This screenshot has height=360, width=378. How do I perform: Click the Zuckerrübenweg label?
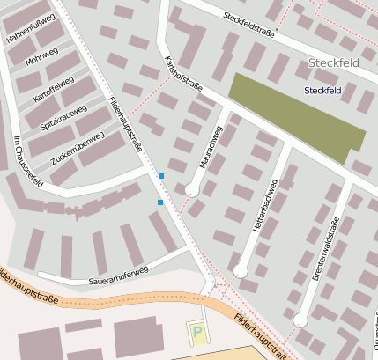(x=78, y=148)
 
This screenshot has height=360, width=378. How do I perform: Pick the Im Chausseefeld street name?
(x=28, y=162)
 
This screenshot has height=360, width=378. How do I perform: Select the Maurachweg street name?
(x=211, y=147)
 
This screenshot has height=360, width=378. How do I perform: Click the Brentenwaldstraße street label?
(x=325, y=251)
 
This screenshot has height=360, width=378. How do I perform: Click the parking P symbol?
(x=197, y=334)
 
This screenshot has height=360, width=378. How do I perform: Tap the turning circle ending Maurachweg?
(x=191, y=189)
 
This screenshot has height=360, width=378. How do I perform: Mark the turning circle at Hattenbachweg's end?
(x=240, y=271)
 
